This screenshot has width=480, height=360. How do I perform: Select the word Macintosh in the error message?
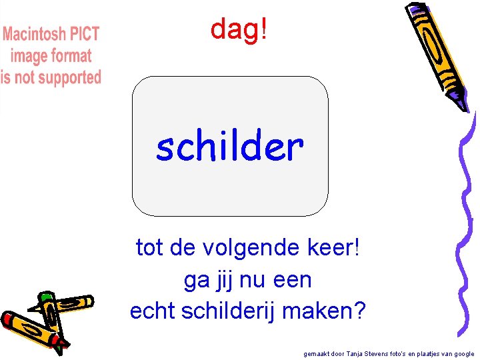(34, 35)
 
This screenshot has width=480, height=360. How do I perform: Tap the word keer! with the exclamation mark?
(333, 248)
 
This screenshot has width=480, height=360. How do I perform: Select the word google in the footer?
(463, 354)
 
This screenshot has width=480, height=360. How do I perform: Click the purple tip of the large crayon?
(460, 103)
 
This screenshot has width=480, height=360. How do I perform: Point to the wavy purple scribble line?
(467, 220)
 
